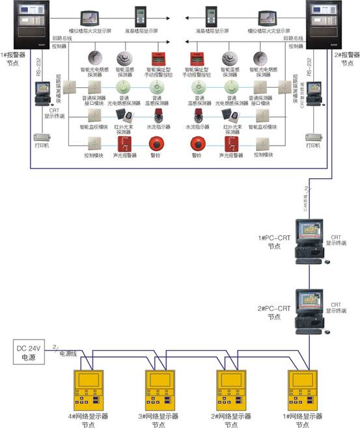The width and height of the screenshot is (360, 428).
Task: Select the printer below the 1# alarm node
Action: point(42,139)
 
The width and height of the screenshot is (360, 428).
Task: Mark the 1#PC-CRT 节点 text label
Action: point(273,242)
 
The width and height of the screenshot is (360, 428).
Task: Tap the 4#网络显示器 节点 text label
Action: point(86,419)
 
